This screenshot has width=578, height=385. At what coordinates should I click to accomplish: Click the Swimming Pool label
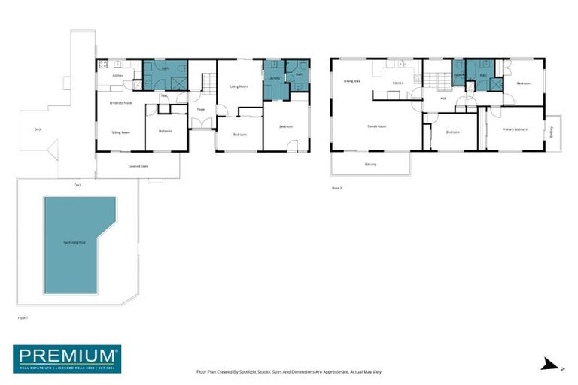coord(79,244)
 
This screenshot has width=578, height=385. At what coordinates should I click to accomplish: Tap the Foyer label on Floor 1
coord(201,110)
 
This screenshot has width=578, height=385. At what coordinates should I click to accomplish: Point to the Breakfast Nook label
coord(120,102)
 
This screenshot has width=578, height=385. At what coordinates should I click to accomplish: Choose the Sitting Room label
coord(120,132)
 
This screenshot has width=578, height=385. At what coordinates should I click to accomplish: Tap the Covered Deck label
coord(138,165)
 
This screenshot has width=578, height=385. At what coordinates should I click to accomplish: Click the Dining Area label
coord(352,81)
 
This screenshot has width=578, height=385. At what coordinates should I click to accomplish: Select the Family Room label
coord(376,126)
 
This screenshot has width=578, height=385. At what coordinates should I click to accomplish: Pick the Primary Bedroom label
coord(515,129)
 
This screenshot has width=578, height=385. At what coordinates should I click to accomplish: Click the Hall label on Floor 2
coord(443,99)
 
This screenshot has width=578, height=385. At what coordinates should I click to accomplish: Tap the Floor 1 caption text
coord(22,318)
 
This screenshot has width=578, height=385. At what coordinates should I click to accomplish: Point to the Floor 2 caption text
coord(336,188)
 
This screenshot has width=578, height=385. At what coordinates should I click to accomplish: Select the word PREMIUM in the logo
coord(66,355)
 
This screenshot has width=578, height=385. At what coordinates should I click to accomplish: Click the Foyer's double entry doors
coord(197,123)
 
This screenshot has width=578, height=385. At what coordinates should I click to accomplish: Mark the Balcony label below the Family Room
coord(370,165)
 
